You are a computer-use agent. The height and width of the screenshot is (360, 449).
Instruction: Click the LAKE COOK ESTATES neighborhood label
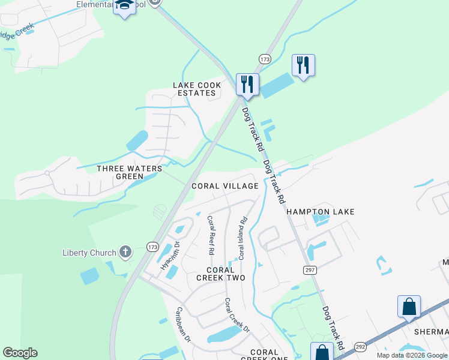point(197,89)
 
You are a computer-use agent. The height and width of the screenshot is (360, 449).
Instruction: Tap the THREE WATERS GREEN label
point(130,172)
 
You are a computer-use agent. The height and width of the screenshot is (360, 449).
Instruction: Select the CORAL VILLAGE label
point(224,186)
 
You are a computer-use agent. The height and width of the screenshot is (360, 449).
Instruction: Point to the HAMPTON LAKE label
point(320,212)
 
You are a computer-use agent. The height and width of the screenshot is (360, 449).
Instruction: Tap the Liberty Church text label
point(89,252)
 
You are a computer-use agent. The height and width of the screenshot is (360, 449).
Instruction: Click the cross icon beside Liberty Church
point(125,251)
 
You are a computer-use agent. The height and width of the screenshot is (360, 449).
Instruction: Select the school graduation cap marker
point(125,6)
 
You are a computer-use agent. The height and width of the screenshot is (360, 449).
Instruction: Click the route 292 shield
point(360,347)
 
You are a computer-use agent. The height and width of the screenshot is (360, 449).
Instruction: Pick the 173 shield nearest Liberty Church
point(152,247)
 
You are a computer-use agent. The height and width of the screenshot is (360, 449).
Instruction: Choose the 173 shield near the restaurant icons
point(265,59)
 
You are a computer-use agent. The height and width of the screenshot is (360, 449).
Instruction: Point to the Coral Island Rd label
point(243,238)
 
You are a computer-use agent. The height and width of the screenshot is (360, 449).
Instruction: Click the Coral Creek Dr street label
point(237,314)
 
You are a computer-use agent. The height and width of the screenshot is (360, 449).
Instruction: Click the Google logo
point(20,353)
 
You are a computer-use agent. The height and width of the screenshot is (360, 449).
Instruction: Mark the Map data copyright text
point(412,355)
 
